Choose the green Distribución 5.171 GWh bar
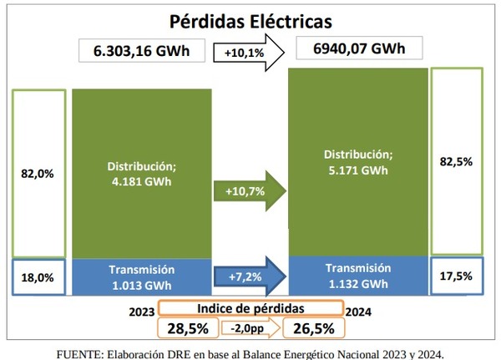[x=357, y=163]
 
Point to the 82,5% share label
[x=456, y=163]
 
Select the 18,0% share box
[x=38, y=276]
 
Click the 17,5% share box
[x=456, y=276]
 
